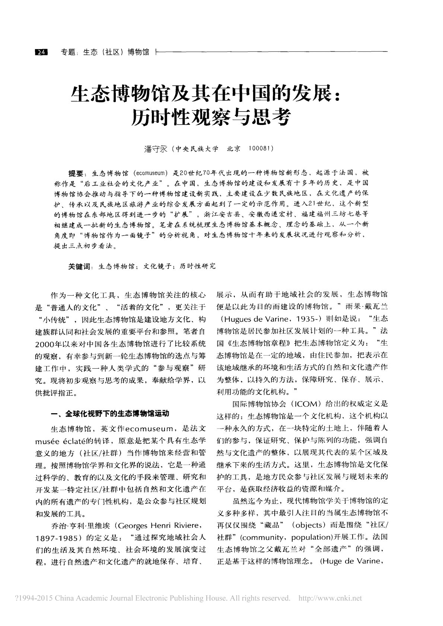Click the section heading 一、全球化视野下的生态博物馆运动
(x=110, y=413)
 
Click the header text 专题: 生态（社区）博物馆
(x=105, y=52)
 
